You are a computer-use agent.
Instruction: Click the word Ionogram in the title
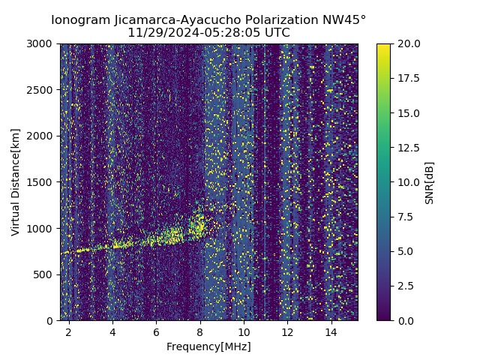78,20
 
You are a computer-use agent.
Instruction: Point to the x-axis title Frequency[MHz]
208,346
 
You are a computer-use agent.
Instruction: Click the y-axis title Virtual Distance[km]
16,181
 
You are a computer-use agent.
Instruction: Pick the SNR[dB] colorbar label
430,182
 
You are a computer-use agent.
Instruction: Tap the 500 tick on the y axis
45,274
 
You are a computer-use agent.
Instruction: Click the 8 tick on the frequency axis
200,331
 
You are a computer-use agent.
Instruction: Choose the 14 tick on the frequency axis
331,331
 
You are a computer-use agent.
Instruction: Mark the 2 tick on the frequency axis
69,331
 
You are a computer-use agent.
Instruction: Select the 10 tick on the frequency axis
244,331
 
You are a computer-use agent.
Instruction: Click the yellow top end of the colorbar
383,46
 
